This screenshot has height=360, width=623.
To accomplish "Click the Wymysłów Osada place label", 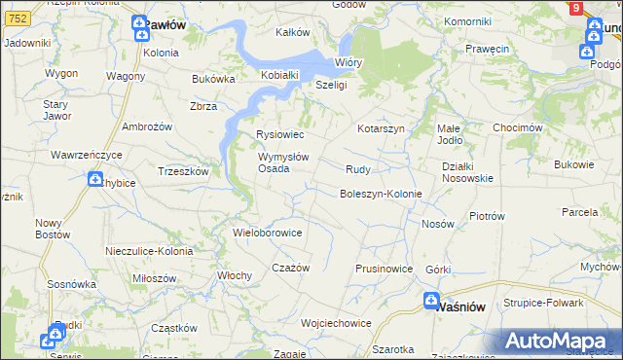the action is click(283, 162).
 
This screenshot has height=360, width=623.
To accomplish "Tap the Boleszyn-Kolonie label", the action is click(381, 194).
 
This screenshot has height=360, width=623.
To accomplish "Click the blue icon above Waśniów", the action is click(431, 301).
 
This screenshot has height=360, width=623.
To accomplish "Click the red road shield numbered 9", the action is click(576, 8).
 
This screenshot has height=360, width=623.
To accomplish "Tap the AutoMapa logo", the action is click(558, 342).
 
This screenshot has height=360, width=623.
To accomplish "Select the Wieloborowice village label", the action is click(268, 234).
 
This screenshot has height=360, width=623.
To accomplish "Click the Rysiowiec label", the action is click(279, 135).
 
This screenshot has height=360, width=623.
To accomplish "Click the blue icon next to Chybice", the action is click(95, 179).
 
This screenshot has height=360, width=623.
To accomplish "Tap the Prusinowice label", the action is click(385, 269).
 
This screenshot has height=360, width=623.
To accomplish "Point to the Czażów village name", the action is click(290, 268).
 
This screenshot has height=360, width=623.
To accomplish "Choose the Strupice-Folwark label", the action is click(543, 303).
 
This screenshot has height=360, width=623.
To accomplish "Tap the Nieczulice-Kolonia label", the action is click(149, 251).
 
